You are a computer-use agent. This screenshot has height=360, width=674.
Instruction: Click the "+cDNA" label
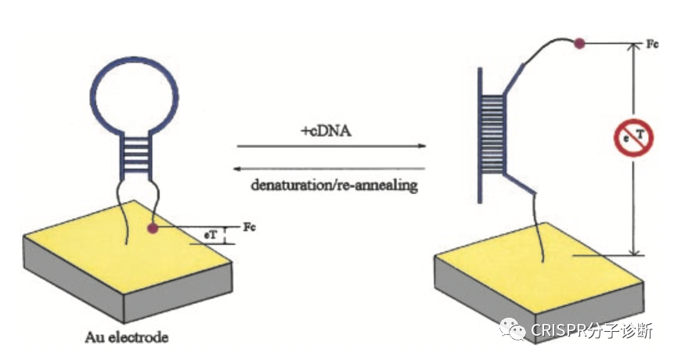[x=326, y=131]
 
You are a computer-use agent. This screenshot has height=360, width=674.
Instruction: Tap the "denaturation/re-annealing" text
[x=334, y=185]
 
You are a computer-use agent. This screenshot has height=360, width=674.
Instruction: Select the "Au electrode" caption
[x=126, y=338]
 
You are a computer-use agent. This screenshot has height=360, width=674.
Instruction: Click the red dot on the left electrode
[x=153, y=228]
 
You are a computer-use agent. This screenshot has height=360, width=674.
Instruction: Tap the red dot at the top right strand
[x=580, y=44]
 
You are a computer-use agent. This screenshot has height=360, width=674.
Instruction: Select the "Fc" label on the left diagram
[x=249, y=228]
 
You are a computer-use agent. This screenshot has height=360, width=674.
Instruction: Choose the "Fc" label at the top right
[x=652, y=45]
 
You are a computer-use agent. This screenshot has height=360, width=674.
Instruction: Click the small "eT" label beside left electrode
[x=211, y=235]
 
